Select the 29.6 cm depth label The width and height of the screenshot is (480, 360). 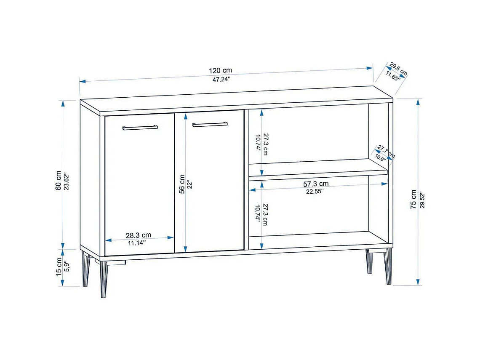point(399,69)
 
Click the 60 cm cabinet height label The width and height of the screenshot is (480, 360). point(59,181)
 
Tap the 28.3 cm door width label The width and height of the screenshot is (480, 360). point(139,235)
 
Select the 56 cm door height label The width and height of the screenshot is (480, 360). point(182,184)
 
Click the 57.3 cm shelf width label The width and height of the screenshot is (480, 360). point(316,184)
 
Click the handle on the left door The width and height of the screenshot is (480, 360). point(140,127)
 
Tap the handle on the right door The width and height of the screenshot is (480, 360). point(210,124)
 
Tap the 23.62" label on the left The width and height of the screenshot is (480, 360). point(67,181)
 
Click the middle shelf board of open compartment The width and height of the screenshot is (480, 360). point(318,173)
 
